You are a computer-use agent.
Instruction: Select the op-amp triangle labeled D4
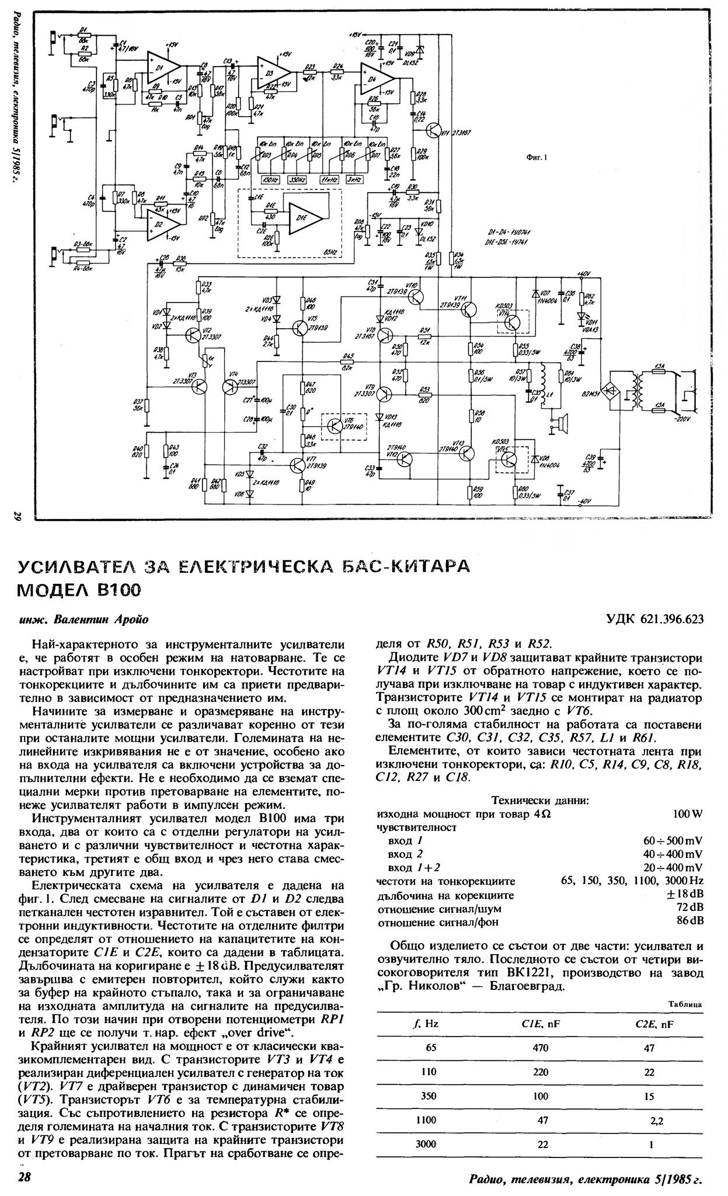[x=376, y=76]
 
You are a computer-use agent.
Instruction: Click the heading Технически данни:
[x=539, y=800]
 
